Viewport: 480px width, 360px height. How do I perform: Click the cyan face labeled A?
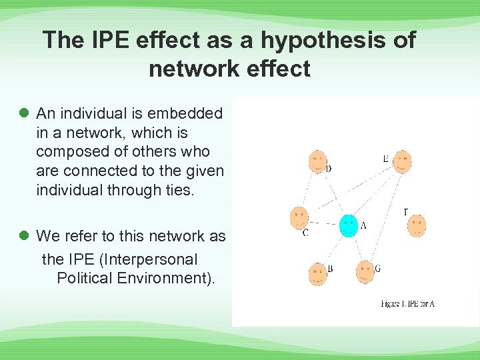coord(349,225)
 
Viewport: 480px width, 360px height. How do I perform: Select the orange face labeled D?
coord(317,161)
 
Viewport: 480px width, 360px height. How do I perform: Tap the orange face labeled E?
coord(401,161)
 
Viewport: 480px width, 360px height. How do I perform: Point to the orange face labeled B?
coord(317,273)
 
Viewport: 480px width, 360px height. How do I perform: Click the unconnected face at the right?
coord(417,225)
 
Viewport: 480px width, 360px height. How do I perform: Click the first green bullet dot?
coord(25,114)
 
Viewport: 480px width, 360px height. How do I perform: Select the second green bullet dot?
coord(25,236)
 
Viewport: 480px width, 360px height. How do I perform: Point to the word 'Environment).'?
coord(171,277)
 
